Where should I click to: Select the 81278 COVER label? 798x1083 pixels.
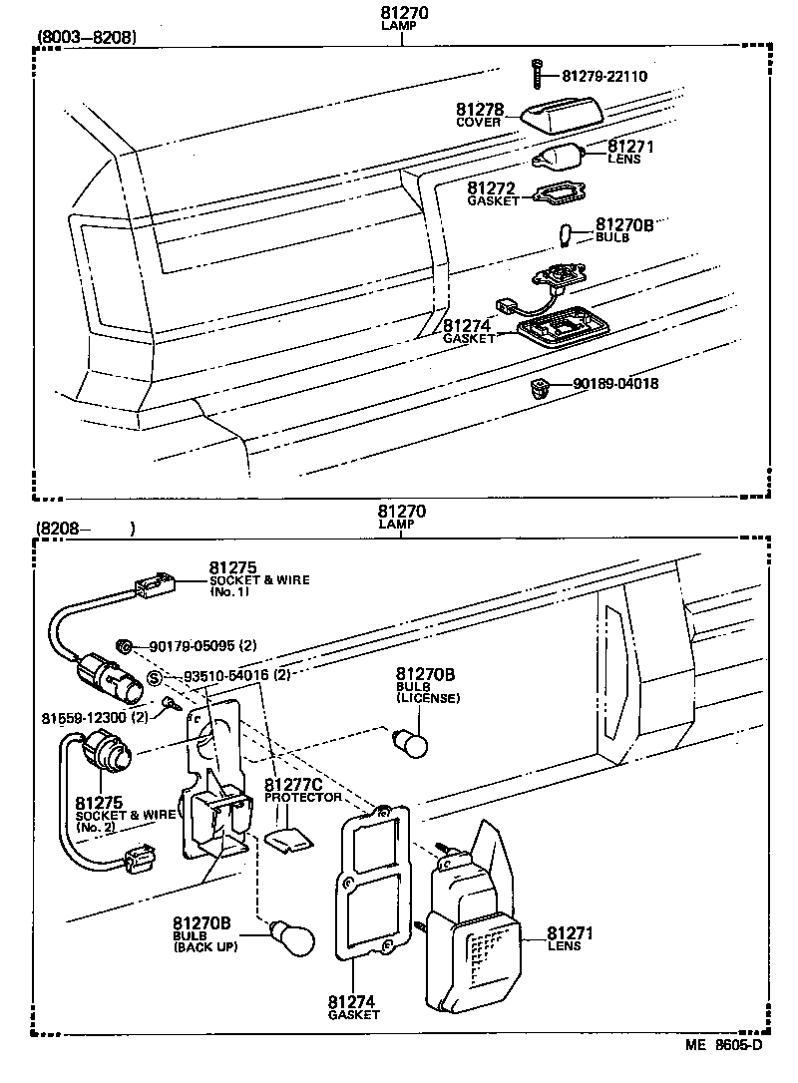[479, 116]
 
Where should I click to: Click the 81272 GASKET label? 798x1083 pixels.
[493, 192]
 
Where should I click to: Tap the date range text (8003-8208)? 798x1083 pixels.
[87, 39]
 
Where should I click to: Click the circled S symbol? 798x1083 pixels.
[156, 678]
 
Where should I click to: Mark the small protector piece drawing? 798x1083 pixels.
[290, 841]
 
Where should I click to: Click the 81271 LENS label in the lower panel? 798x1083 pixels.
[570, 938]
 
